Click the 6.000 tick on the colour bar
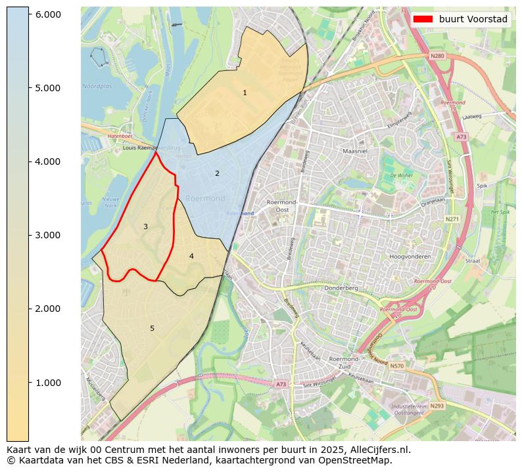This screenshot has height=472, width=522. (x=47, y=14)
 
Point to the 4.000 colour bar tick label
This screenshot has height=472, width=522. (x=47, y=161)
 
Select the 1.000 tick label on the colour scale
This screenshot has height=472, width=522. (x=47, y=383)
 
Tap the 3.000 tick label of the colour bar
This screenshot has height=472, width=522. (x=47, y=235)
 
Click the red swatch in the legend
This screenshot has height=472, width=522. (x=423, y=19)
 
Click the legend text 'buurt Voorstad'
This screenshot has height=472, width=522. (x=473, y=19)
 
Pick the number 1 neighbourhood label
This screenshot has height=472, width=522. (x=245, y=93)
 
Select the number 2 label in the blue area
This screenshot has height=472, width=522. (x=217, y=173)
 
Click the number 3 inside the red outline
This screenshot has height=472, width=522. (x=145, y=226)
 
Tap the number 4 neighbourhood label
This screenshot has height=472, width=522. (x=191, y=256)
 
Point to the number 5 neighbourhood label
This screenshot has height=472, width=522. (x=152, y=328)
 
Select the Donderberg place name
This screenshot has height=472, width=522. (x=341, y=288)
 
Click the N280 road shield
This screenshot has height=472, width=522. (x=437, y=56)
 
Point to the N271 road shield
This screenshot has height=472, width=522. (x=452, y=219)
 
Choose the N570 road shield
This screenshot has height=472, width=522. (x=396, y=366)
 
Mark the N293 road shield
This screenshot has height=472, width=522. (x=437, y=406)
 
